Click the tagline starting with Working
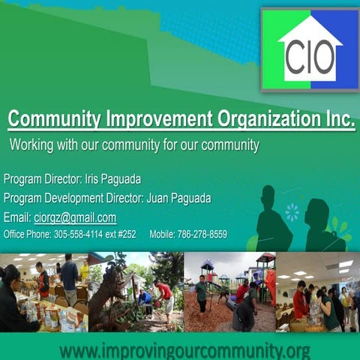pos(134,145)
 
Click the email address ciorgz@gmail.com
pos(75,217)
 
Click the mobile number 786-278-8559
pos(202,235)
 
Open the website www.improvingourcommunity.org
pos(184,350)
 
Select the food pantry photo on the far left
pos(43,292)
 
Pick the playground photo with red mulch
pos(229,292)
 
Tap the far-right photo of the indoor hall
pos(318,292)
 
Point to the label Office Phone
pos(25,235)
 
